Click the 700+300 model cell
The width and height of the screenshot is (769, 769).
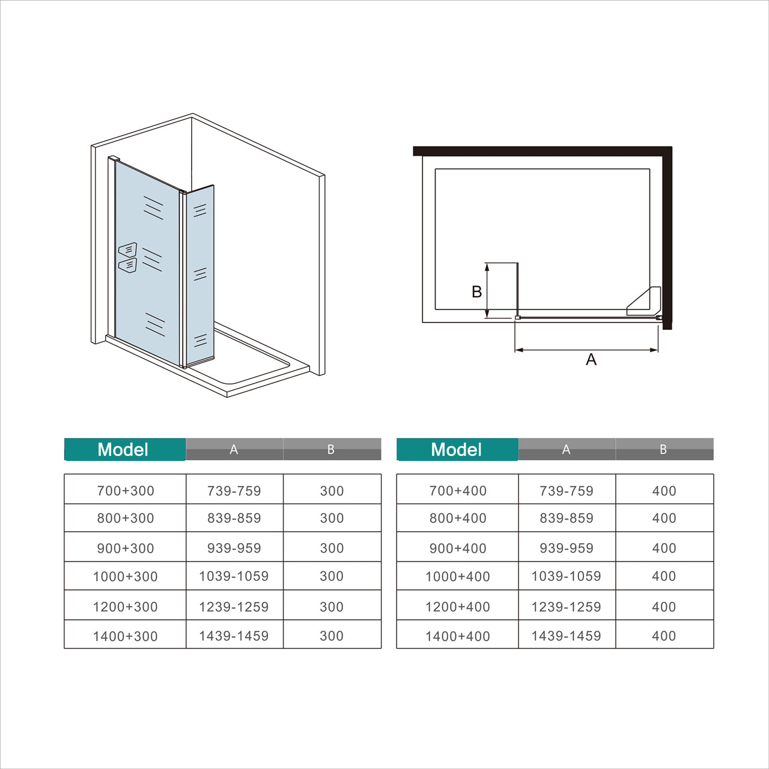point(126,491)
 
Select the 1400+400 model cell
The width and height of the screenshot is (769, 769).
point(458,636)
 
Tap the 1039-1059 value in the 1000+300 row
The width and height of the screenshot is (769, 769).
point(234,576)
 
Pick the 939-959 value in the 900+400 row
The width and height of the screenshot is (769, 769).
point(566,548)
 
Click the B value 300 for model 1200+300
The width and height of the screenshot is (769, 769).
point(332,607)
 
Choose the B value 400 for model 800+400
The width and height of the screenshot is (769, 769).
point(664,518)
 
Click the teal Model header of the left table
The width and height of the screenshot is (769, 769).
point(124,449)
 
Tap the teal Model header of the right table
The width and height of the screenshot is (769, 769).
point(457,449)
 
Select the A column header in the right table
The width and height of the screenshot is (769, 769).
point(566,449)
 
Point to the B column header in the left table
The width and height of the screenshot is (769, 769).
point(331,449)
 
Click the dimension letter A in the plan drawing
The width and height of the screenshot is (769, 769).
point(591,359)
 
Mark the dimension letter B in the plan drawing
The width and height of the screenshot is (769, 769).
point(476,291)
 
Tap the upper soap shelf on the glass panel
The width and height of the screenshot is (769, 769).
point(127,250)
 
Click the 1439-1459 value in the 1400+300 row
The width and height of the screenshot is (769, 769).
point(234,636)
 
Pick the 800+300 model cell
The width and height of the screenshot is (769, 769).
point(126,518)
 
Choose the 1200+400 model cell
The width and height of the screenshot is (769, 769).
point(458,607)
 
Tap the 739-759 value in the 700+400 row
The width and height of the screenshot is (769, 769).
point(566,491)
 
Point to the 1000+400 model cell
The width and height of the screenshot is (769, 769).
point(458,576)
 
